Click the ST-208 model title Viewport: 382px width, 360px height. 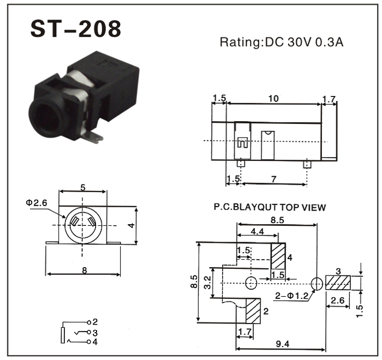(x=76, y=29)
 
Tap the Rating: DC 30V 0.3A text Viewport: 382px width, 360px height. (x=282, y=42)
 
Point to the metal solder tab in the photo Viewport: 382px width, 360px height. (x=93, y=137)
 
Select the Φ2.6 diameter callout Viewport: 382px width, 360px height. (x=37, y=203)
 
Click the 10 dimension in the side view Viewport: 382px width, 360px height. (x=273, y=99)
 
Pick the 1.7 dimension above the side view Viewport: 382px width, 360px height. (x=329, y=99)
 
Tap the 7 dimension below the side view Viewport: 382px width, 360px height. (x=274, y=179)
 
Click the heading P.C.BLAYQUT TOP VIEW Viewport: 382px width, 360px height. (x=270, y=207)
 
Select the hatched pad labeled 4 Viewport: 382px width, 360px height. (x=278, y=256)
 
